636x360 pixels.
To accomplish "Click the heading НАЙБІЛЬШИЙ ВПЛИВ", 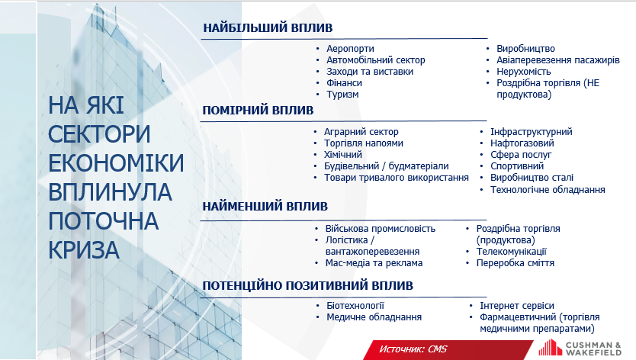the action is (268, 28).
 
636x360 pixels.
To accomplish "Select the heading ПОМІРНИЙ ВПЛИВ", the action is (258, 111).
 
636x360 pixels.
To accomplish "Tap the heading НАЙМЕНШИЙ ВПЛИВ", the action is (265, 206).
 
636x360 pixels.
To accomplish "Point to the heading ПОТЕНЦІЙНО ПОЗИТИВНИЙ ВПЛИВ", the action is (307, 286).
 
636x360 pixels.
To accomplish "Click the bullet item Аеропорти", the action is (351, 49).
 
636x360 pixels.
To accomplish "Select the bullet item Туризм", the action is (342, 95).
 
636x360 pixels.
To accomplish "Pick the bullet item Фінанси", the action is (345, 83).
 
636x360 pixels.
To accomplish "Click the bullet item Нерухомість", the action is (524, 72).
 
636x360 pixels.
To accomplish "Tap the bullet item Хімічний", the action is (343, 155).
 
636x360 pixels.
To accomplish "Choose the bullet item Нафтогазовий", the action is (522, 143).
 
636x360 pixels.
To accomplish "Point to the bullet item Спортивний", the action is (517, 166).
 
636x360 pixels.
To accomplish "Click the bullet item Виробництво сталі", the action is (532, 178).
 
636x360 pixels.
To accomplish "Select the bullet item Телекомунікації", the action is (512, 252).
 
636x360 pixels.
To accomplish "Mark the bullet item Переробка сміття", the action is (515, 263).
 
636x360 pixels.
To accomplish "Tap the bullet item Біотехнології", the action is (355, 306).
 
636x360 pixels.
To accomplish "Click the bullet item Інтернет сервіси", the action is (517, 306).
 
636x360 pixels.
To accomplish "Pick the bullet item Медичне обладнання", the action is (374, 317).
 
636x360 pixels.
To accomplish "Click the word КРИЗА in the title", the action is (84, 250).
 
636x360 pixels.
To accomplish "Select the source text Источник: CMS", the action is (413, 349).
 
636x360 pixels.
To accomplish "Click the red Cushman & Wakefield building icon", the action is (550, 348).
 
